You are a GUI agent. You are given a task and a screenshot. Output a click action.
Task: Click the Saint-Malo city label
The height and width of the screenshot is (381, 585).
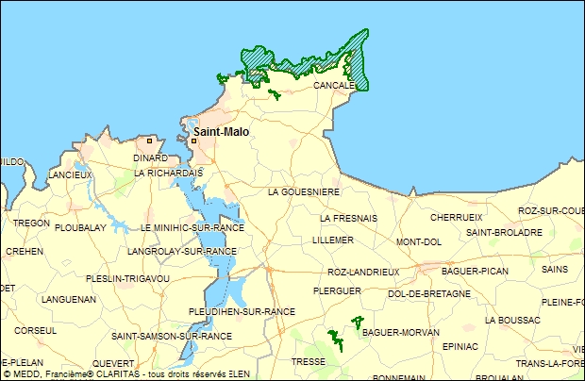[x=222, y=132]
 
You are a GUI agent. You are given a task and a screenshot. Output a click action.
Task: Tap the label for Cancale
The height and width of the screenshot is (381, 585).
[x=334, y=85]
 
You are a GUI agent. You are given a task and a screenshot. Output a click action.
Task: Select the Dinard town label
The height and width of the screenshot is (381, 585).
[x=149, y=157]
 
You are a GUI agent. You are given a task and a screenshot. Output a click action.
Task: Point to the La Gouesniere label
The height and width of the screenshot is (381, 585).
[x=304, y=191]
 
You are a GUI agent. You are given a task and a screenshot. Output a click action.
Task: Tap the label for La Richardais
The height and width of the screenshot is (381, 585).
[x=169, y=174]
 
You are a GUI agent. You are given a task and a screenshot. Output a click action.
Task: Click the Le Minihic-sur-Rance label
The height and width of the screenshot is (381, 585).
[x=191, y=228]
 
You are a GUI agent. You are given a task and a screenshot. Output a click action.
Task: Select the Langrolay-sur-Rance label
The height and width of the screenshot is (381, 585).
[x=181, y=252]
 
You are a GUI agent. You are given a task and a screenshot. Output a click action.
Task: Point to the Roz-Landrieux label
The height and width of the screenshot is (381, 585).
[x=363, y=272]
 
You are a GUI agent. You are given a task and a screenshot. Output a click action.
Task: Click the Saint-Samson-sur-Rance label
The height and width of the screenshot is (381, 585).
[x=172, y=336]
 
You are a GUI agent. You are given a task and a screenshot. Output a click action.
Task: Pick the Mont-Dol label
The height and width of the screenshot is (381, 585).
[x=419, y=241]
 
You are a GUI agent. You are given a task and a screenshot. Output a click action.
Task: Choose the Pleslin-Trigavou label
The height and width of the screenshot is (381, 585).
[x=127, y=278]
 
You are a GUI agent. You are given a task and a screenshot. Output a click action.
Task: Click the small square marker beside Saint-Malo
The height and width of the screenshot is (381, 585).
[x=193, y=141]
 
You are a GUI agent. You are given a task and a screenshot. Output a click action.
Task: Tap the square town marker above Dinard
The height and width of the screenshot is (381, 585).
[x=149, y=140]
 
